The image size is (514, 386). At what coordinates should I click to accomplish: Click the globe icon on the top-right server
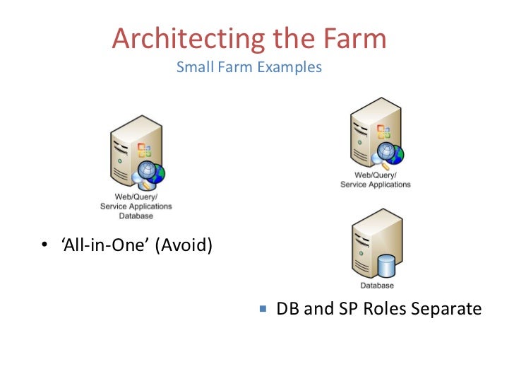pyautogui.click(x=390, y=153)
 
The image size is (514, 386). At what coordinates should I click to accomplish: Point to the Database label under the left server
pyautogui.click(x=136, y=216)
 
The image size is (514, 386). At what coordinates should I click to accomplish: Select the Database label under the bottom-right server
pyautogui.click(x=376, y=286)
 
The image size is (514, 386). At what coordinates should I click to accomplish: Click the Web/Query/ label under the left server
pyautogui.click(x=136, y=197)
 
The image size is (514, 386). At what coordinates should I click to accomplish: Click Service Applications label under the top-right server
pyautogui.click(x=376, y=185)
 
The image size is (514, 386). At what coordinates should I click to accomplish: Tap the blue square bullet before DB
pyautogui.click(x=263, y=309)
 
